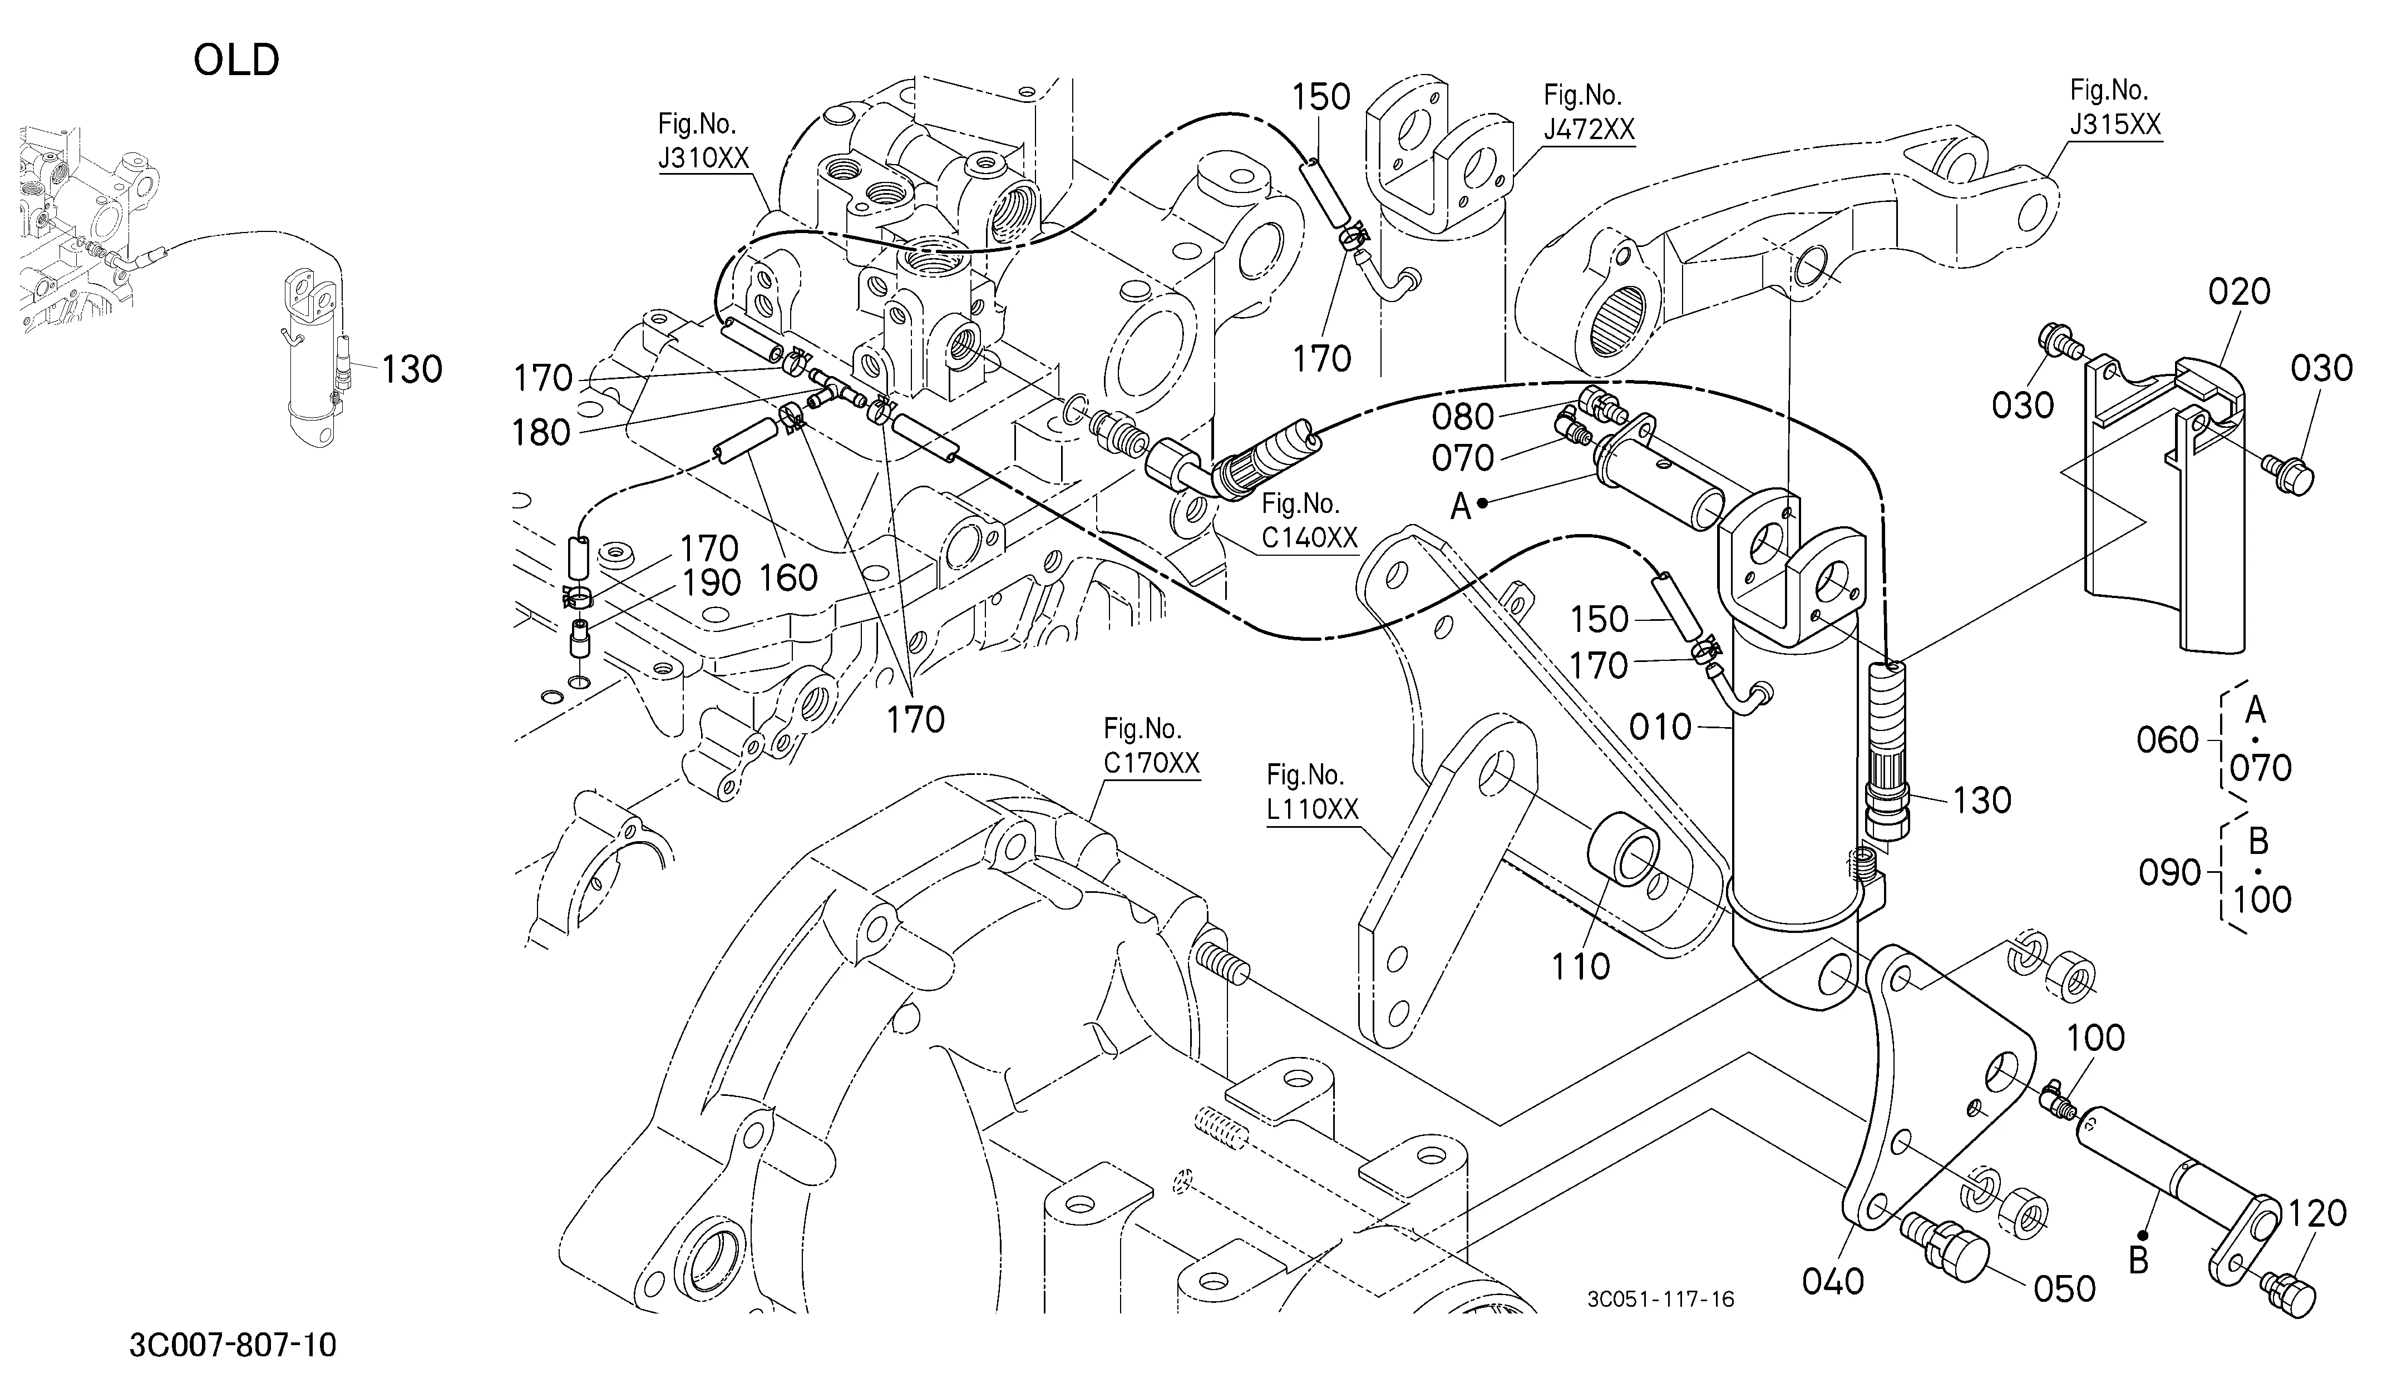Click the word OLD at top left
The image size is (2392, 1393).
pos(236,61)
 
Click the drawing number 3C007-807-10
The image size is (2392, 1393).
pos(233,1346)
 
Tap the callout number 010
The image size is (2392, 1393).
pos(1661,728)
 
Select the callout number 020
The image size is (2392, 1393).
pos(2239,292)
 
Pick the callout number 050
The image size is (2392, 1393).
pos(2064,1288)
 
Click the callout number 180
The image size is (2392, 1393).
pos(541,433)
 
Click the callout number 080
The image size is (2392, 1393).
pos(1463,417)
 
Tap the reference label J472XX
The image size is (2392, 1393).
pos(1589,129)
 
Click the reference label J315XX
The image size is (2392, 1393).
pos(2116,124)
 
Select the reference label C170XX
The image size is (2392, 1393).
pos(1151,762)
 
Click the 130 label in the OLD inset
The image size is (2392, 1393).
pos(412,369)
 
